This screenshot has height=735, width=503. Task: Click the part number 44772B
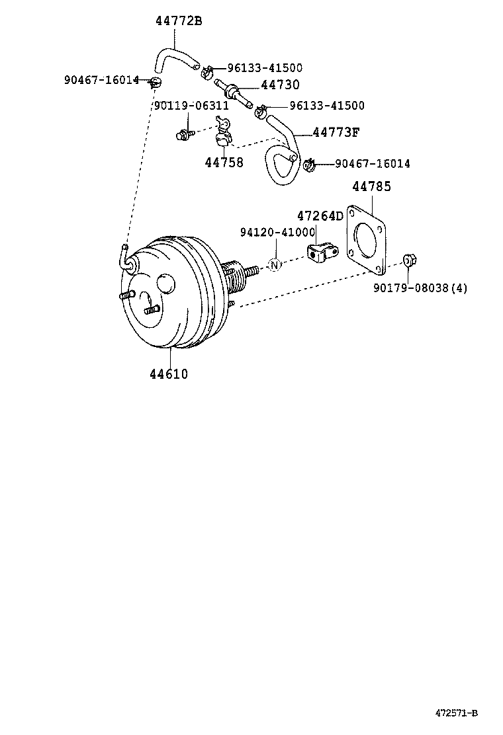179,21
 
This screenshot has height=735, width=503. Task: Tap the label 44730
280,85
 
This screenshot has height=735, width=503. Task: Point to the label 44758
224,163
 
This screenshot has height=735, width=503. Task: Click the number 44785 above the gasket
371,187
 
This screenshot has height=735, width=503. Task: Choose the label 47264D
320,216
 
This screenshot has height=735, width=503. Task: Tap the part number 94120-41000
277,232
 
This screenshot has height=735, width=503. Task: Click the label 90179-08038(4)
420,288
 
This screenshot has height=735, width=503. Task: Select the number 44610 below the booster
169,374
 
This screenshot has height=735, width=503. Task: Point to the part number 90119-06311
191,105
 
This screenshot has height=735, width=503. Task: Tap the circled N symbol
275,265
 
